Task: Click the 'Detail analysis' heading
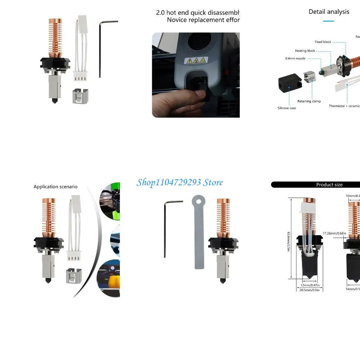pos(329,12)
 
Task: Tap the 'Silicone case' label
pos(287,108)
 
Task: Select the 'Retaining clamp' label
pos(309,101)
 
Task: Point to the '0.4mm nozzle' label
pos(295,58)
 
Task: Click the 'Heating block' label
pos(305,51)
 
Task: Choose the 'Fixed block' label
pos(323,42)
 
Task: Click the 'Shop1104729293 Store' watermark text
pos(180,182)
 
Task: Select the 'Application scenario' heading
pos(56,187)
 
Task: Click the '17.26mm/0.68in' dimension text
pos(334,233)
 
